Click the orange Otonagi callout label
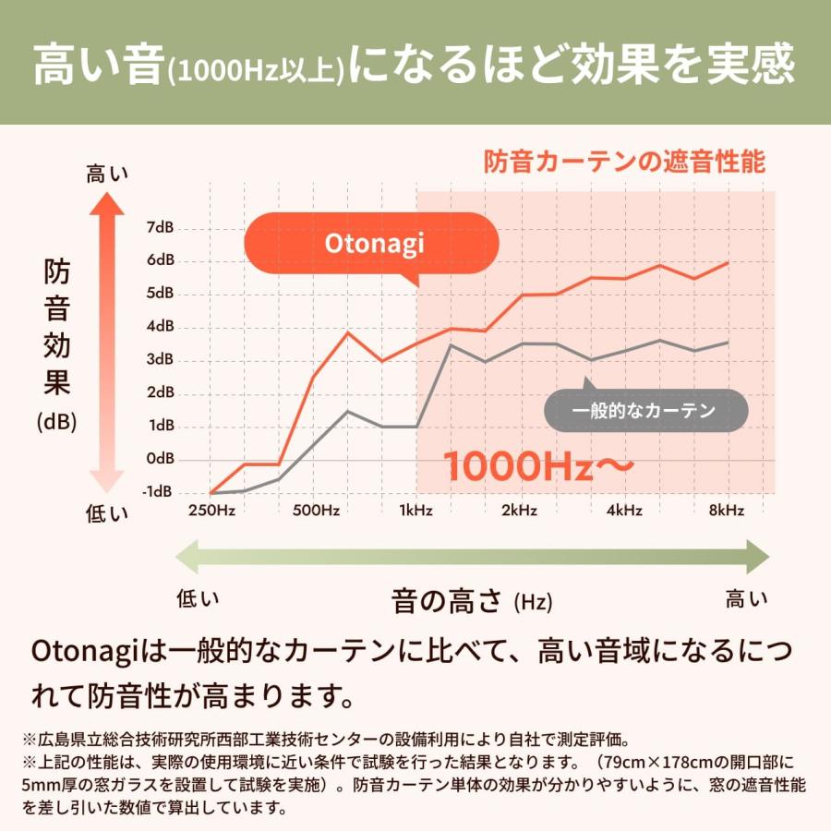coord(373,243)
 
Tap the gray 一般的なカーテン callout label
coord(644,411)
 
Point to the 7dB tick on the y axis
coord(160,227)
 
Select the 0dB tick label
coord(160,458)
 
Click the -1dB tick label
coord(158,491)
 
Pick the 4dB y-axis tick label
coord(160,326)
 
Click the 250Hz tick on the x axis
coord(211,511)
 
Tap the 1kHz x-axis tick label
coord(416,511)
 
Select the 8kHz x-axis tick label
coord(728,511)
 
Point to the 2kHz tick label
coord(521,511)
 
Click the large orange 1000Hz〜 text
coord(538,466)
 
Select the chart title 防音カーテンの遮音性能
coord(625,163)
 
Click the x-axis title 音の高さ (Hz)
coord(472,602)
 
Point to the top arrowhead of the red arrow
coord(107,201)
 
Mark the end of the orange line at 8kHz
coord(729,262)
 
